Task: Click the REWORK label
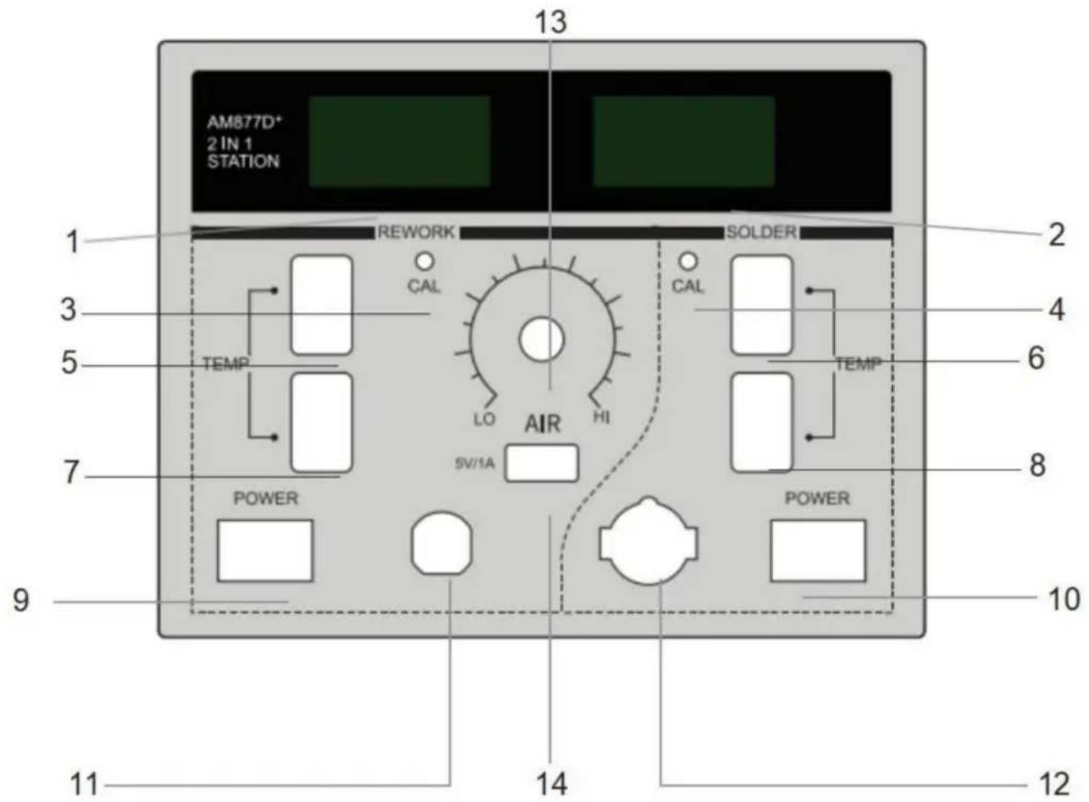click(x=416, y=232)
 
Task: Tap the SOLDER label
click(x=761, y=232)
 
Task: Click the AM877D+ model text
click(x=244, y=122)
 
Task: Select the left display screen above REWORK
click(x=400, y=141)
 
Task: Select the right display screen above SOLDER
click(x=684, y=141)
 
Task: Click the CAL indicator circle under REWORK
click(x=425, y=261)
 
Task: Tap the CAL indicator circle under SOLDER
click(x=688, y=261)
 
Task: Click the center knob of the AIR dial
click(x=541, y=340)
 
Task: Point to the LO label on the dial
click(x=485, y=418)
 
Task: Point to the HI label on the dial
click(x=601, y=417)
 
